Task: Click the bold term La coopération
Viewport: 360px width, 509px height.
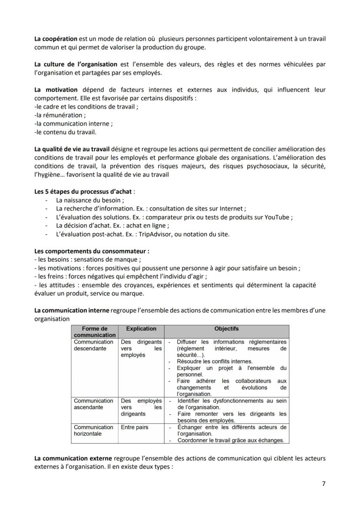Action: coord(56,39)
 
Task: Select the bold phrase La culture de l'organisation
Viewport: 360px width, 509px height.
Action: coord(76,64)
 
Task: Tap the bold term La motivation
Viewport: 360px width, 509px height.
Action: coord(56,90)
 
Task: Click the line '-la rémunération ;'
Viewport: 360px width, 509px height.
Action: coord(60,115)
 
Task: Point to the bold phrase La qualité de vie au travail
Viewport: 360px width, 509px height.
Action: coord(72,149)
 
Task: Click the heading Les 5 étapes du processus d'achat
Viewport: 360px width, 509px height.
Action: coord(84,191)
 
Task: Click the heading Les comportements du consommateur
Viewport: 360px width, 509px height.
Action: coord(92,251)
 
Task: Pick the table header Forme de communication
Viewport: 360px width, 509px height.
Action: coord(94,332)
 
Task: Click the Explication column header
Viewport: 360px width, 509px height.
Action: coord(141,329)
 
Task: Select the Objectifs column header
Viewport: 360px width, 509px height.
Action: coord(227,329)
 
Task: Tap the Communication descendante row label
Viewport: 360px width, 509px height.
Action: coord(93,345)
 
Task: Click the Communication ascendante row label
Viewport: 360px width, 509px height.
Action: coord(93,404)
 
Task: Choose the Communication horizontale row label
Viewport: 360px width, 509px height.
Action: coord(93,430)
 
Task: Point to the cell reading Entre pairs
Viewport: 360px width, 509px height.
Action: coord(134,427)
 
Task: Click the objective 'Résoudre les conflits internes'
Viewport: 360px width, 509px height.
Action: coord(214,361)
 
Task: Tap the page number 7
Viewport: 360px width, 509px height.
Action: coord(323,484)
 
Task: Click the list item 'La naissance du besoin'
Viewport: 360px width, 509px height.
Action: coord(90,200)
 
